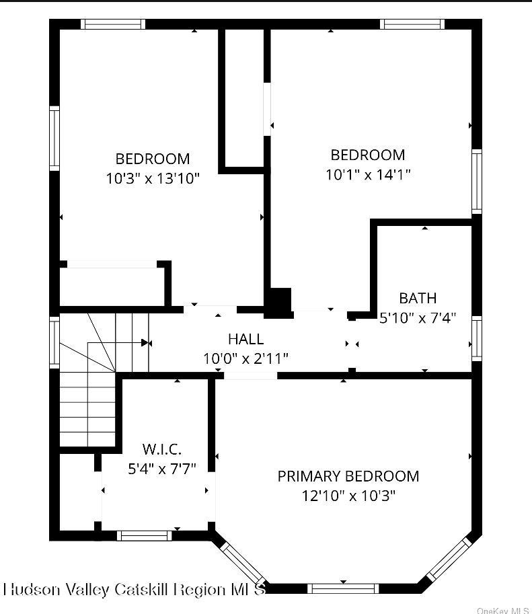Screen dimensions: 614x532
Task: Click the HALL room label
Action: (245, 339)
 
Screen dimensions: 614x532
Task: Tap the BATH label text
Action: (418, 298)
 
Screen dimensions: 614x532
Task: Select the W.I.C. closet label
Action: (161, 449)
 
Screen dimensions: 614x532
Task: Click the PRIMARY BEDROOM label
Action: (348, 476)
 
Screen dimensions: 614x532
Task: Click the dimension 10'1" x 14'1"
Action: (368, 174)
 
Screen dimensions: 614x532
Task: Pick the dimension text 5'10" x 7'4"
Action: (418, 317)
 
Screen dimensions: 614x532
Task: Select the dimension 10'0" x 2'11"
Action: (245, 358)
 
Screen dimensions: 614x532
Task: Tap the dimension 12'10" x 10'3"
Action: (348, 496)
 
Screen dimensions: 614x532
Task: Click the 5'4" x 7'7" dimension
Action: (161, 468)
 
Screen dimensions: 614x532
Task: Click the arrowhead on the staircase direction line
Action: (145, 343)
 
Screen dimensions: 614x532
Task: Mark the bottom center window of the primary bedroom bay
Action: (343, 588)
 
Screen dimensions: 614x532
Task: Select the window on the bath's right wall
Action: (477, 338)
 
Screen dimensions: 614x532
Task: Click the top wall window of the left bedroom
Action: (113, 24)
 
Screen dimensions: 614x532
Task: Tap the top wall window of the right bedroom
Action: (412, 24)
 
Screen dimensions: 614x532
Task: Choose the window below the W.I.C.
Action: (144, 535)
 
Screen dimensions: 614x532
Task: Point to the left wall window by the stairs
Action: (54, 342)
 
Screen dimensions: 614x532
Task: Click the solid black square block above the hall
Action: (279, 302)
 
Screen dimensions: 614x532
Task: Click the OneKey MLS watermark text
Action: (502, 610)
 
